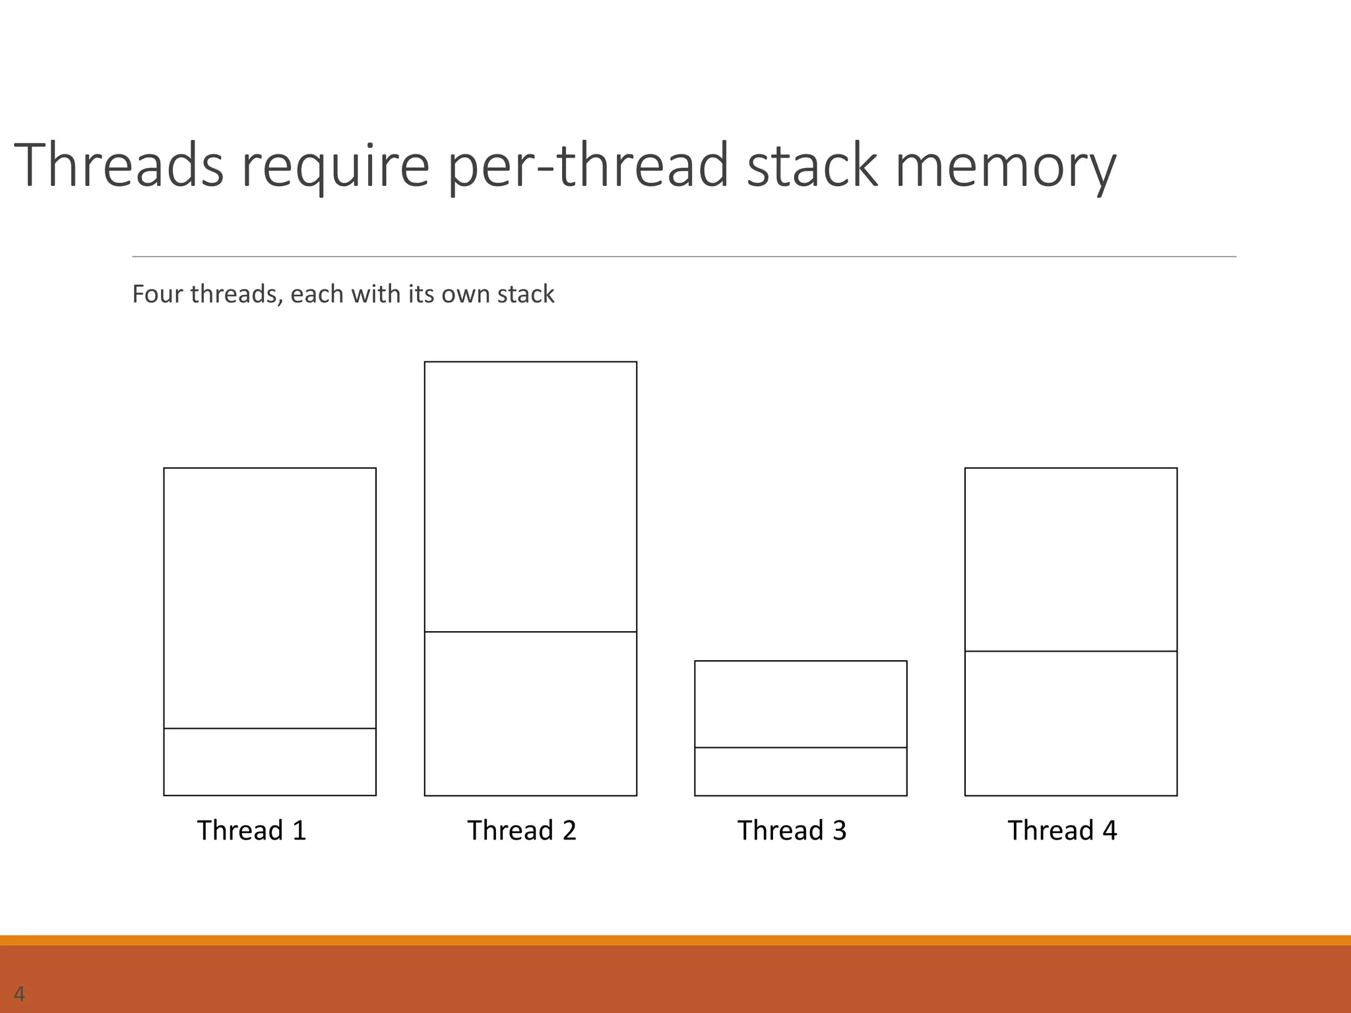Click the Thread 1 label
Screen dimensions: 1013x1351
252,830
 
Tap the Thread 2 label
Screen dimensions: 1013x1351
522,830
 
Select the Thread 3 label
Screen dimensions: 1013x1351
792,830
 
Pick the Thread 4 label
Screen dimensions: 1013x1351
1062,830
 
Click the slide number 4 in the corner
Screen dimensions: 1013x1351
19,994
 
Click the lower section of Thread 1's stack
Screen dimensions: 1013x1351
270,762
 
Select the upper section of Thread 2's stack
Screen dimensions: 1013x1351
530,496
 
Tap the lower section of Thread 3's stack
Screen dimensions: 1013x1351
800,771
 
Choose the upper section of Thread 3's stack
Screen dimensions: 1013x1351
800,704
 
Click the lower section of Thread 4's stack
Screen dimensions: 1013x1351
1071,723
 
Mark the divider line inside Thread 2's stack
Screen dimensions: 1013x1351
530,632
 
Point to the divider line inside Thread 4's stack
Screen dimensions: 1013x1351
1071,651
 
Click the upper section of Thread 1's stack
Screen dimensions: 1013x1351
270,598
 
